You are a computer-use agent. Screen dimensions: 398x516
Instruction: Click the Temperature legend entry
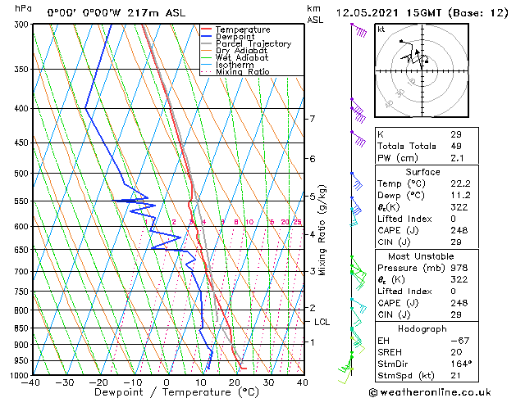(x=239, y=29)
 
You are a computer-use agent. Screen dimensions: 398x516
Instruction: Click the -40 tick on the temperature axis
(x=32, y=382)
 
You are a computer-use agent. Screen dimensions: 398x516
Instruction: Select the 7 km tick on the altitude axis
(x=313, y=119)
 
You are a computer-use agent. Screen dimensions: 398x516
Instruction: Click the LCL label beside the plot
(x=322, y=322)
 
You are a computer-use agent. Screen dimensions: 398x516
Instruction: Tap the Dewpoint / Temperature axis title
(x=167, y=392)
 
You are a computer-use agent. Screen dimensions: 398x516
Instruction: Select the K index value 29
(x=456, y=133)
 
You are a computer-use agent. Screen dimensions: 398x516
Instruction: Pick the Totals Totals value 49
(x=456, y=146)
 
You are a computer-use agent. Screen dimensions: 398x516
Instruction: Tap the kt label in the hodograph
(x=381, y=29)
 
